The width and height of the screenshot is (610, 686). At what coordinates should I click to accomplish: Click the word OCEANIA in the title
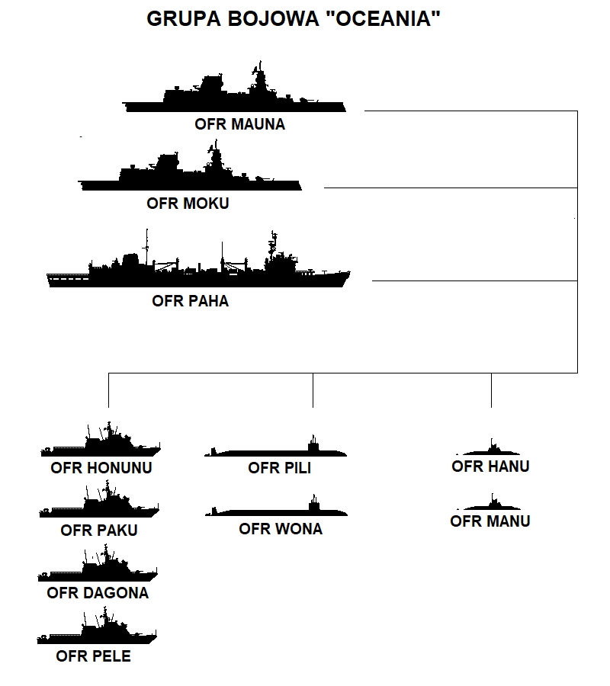click(384, 19)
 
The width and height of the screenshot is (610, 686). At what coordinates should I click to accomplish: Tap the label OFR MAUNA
click(239, 124)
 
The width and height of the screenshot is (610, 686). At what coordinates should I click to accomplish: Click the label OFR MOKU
click(188, 204)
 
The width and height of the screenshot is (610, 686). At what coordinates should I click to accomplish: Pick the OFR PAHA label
click(191, 301)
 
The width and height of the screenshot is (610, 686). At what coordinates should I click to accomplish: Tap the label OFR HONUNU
click(101, 468)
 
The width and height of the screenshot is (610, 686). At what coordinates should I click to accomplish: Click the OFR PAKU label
click(99, 531)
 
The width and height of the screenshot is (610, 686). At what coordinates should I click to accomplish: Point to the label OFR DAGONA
click(98, 593)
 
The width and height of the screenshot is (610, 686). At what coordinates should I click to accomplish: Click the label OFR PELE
click(93, 656)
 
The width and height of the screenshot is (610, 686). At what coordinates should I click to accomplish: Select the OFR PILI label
click(280, 468)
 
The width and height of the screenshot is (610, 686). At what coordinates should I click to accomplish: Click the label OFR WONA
click(281, 529)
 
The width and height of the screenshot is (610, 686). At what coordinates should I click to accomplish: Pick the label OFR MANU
click(490, 521)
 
